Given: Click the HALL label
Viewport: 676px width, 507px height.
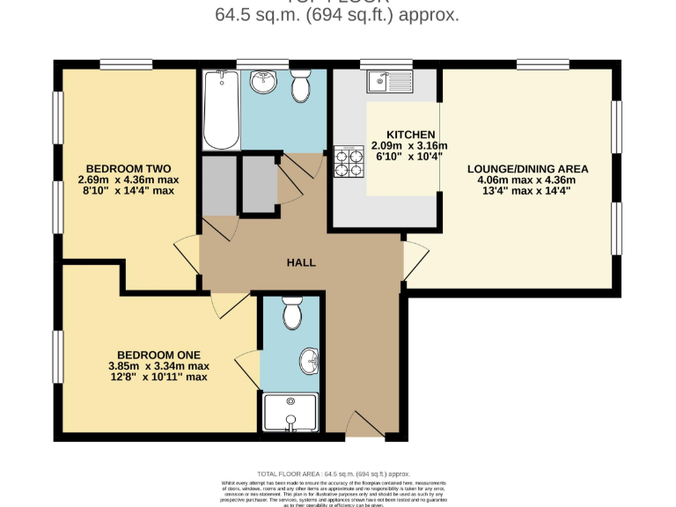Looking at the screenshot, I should [x=301, y=262].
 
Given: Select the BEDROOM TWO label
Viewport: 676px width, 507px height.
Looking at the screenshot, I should [x=128, y=168].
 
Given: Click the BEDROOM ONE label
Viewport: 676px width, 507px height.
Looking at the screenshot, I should [x=158, y=355].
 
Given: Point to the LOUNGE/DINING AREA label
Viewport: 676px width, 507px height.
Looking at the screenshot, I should [x=527, y=168].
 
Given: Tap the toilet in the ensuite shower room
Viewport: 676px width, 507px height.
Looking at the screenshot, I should [x=291, y=312].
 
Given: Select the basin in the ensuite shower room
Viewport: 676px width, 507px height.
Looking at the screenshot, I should [x=310, y=361].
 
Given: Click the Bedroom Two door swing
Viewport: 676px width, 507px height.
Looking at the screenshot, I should [x=187, y=255].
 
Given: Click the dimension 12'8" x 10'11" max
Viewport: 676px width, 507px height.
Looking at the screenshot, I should [x=158, y=378].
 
